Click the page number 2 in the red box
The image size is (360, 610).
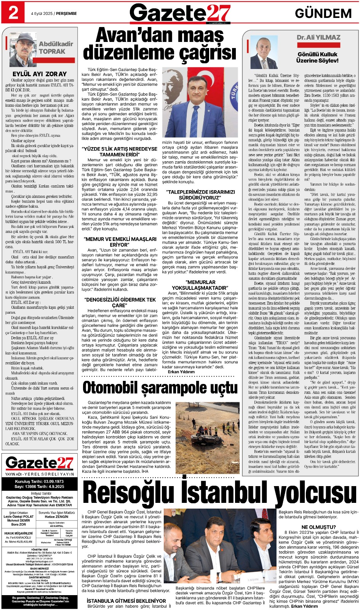click(x=13, y=13)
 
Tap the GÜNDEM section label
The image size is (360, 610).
click(x=323, y=13)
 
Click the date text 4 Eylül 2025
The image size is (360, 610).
click(x=42, y=13)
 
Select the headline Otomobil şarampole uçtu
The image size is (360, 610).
click(x=160, y=388)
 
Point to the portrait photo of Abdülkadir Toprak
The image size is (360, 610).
click(x=23, y=50)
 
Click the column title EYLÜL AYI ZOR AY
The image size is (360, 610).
click(x=40, y=74)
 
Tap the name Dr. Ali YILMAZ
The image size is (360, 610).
click(x=318, y=37)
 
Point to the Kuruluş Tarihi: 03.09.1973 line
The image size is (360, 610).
click(x=39, y=482)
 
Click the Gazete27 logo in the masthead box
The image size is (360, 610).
click(x=39, y=463)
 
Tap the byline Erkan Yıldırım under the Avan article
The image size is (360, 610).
click(x=181, y=372)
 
